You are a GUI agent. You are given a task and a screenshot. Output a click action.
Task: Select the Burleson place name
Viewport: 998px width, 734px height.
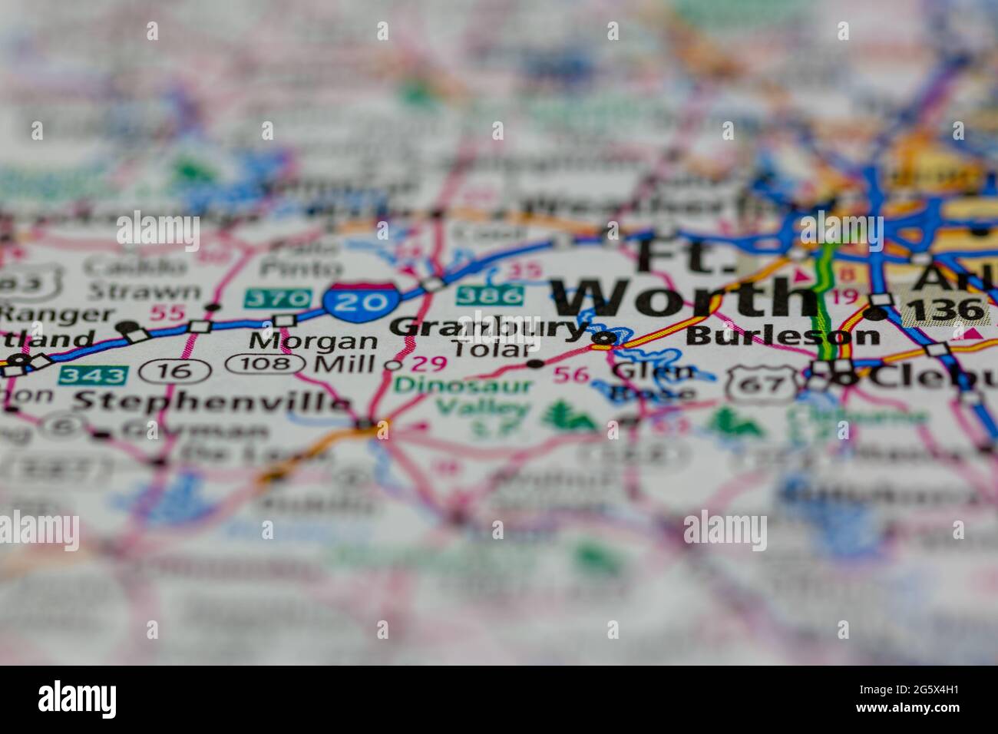point(782,336)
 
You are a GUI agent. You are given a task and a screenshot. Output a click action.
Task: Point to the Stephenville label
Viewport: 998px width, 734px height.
point(211,400)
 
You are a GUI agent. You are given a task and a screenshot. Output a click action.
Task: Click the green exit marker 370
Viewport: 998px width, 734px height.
point(277,298)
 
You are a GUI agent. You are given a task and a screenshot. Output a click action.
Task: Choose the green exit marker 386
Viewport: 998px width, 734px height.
point(490,294)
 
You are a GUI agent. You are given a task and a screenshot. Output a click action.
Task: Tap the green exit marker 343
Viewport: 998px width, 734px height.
point(93,375)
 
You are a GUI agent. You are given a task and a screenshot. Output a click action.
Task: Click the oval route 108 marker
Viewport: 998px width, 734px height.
point(265,363)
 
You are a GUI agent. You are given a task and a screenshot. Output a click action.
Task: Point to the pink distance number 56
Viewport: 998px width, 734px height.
point(571,375)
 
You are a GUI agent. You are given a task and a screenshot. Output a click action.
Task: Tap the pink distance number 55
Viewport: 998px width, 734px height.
point(167,313)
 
